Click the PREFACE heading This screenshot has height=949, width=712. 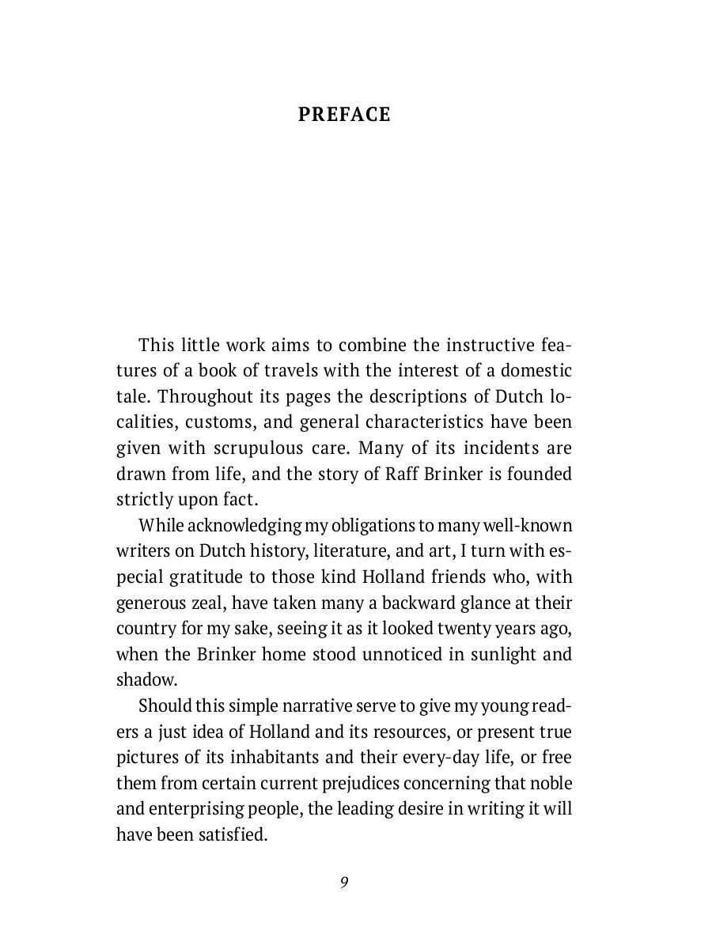[344, 115]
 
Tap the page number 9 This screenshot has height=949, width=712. [344, 883]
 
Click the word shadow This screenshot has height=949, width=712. [146, 680]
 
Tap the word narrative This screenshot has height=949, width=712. [315, 705]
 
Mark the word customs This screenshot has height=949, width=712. [220, 422]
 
